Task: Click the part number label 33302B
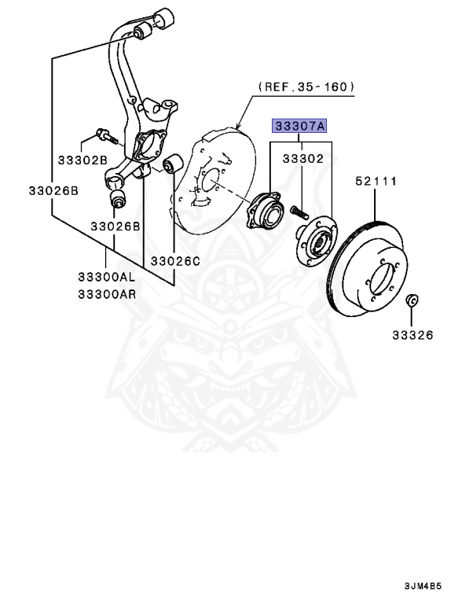click(82, 160)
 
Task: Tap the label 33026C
click(177, 260)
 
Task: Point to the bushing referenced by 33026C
click(174, 165)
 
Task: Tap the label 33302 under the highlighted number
click(302, 158)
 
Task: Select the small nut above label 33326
click(411, 301)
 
